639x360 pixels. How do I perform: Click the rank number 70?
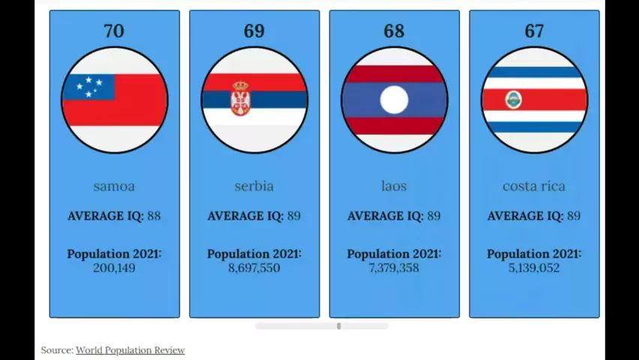(x=114, y=31)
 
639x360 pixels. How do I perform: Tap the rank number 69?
(x=254, y=31)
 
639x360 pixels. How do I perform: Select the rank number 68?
(x=394, y=31)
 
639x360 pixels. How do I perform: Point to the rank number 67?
(x=534, y=31)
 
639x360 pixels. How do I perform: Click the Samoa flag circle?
(x=115, y=100)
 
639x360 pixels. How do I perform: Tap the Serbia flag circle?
(x=254, y=100)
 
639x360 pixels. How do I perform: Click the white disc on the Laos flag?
(x=394, y=100)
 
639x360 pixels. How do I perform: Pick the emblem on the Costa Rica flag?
(x=514, y=99)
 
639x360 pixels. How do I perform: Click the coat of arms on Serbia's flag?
(x=240, y=98)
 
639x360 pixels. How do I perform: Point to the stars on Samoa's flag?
(x=89, y=85)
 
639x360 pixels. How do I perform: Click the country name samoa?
(x=114, y=186)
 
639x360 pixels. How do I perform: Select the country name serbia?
(x=254, y=186)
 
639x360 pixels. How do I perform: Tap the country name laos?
(x=394, y=186)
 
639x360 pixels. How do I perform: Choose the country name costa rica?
(x=534, y=186)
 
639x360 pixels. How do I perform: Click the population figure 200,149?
(x=114, y=268)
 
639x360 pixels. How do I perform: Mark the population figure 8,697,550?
(x=254, y=268)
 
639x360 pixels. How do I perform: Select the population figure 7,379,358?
(x=394, y=268)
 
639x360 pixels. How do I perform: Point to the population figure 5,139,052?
(x=534, y=268)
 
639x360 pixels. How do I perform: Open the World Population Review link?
(x=130, y=350)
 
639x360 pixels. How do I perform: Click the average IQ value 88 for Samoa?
(x=154, y=216)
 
